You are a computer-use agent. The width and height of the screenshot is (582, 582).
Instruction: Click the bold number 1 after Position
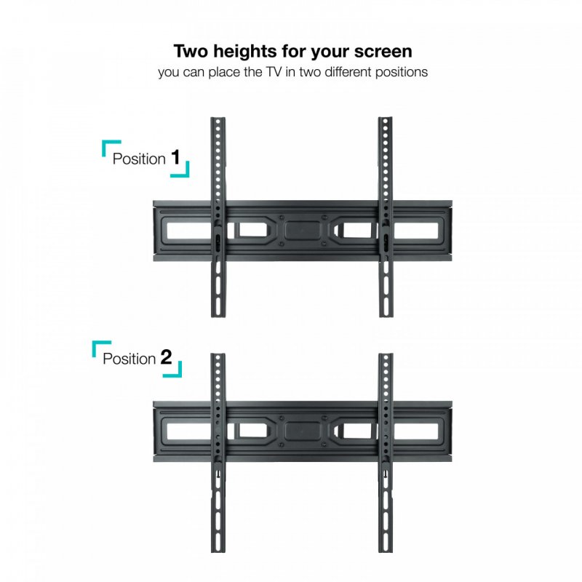tap(175, 157)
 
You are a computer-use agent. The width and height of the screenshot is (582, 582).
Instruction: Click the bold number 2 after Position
tap(166, 357)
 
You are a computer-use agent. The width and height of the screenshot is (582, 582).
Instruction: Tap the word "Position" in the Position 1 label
tap(139, 159)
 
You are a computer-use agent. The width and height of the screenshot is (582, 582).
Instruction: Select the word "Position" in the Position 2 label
tap(129, 359)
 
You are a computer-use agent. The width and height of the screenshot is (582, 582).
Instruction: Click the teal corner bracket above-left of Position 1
tap(107, 146)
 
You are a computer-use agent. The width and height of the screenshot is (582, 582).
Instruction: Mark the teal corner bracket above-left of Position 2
tap(97, 346)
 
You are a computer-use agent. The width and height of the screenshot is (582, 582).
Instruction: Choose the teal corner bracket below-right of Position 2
tap(175, 372)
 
